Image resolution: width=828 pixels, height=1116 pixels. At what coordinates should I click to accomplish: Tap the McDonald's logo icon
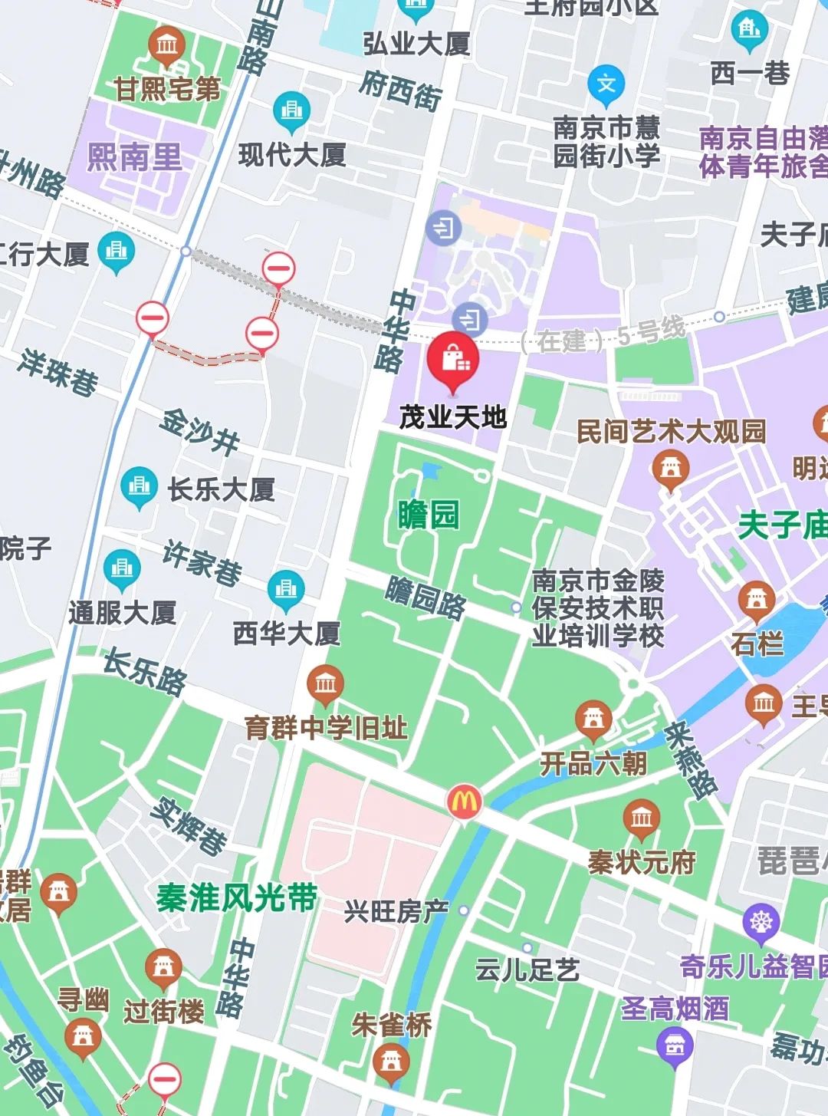click(465, 802)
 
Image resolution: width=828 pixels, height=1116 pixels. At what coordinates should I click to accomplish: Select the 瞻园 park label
click(428, 514)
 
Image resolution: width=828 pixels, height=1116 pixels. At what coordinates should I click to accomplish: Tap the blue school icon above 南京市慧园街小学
click(606, 84)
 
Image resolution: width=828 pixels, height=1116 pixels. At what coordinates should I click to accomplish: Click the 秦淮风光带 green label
click(237, 897)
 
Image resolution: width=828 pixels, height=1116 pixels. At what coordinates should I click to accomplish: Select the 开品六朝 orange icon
click(593, 720)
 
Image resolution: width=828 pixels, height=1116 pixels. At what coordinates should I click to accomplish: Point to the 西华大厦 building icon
click(287, 590)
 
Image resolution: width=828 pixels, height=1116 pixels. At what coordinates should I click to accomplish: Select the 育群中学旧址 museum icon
click(325, 683)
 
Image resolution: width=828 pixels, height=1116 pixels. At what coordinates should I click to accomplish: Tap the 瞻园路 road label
click(426, 598)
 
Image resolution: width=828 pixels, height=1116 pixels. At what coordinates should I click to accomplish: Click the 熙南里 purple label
click(135, 157)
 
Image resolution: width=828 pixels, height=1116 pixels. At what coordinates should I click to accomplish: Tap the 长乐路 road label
click(145, 673)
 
